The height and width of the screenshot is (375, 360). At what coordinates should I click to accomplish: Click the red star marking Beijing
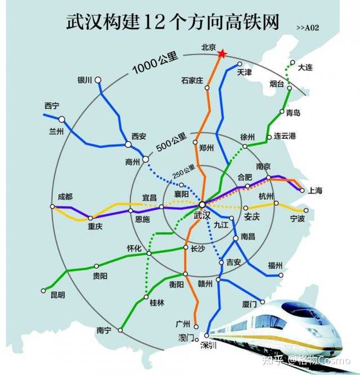[222, 53]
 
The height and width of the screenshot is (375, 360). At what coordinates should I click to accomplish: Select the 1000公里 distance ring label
[155, 64]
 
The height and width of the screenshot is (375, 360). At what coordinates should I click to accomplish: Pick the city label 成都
[65, 197]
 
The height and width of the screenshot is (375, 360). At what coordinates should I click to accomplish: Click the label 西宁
[52, 106]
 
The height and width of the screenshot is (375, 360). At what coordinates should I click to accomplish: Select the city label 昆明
[57, 295]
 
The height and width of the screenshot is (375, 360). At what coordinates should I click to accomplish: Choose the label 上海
[316, 191]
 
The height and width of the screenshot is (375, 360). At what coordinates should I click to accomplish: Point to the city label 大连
[305, 67]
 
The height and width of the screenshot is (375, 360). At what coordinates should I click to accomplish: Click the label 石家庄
[192, 80]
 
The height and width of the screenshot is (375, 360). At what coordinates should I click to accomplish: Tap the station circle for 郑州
[196, 142]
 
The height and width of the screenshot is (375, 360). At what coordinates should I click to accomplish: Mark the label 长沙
[198, 248]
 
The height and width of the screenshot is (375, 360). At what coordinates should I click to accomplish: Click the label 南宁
[104, 331]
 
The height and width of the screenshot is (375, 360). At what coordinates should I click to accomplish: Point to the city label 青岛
[293, 113]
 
